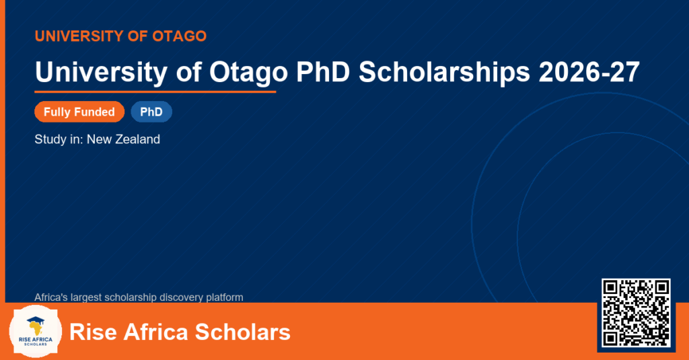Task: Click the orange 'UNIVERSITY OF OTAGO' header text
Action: (120, 36)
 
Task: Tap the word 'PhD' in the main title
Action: (323, 71)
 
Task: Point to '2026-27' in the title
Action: (589, 72)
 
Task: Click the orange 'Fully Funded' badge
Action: (79, 112)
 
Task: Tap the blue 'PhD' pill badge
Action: (151, 112)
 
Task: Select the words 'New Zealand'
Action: (124, 139)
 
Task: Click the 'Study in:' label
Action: (59, 140)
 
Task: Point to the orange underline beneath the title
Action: (155, 92)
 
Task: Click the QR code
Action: (636, 312)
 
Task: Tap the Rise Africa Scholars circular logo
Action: (36, 332)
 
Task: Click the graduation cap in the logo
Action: (36, 322)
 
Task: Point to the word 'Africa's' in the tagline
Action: (51, 297)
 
